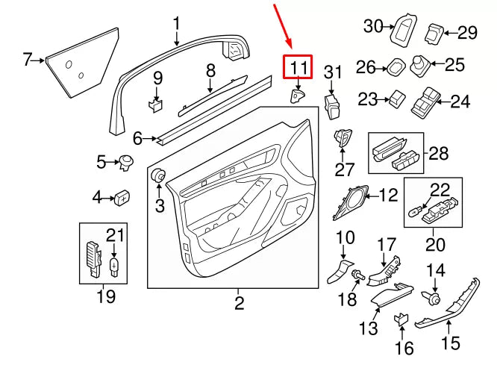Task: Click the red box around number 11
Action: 298,68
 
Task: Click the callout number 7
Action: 28,59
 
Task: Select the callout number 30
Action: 372,26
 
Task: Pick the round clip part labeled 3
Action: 158,176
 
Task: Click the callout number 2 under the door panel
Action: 239,303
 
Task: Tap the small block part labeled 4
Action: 122,197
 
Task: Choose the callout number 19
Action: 106,297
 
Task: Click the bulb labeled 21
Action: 113,263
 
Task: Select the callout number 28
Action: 439,154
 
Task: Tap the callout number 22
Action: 440,190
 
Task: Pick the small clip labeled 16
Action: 400,319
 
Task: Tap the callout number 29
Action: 467,33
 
